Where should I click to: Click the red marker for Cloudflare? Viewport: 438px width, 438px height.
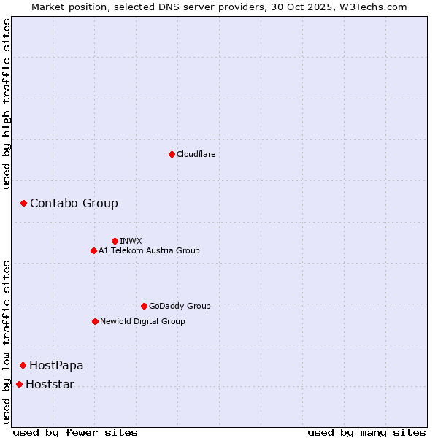coord(172,154)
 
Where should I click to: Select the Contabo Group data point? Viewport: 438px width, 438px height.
coord(23,203)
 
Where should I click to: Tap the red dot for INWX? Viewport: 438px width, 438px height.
coord(115,241)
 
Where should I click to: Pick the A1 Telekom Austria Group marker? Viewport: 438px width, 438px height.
coord(93,250)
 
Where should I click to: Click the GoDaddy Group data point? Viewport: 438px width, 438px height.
coord(144,306)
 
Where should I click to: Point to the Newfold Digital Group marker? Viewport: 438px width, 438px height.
coord(95,321)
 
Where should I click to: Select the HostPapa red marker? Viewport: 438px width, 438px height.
coord(23,365)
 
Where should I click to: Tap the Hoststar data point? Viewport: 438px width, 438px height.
coord(19,384)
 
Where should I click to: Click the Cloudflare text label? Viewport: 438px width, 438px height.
coord(196,154)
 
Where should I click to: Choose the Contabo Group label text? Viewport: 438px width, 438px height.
coord(74,203)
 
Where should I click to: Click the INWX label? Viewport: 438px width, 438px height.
coord(131,241)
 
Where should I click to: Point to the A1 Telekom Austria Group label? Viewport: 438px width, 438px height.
coord(149,250)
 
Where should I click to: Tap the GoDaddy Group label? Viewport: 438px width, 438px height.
coord(180,306)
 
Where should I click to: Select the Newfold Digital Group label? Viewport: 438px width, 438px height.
coord(142,321)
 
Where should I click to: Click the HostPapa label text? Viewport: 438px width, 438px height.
coord(56,365)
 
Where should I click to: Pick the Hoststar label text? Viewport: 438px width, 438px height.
coord(50,384)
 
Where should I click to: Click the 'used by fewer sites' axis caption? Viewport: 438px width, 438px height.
coord(75,432)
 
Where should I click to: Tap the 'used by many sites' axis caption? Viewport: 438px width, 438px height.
coord(366,432)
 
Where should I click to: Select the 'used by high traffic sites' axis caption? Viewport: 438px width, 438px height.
coord(7,104)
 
